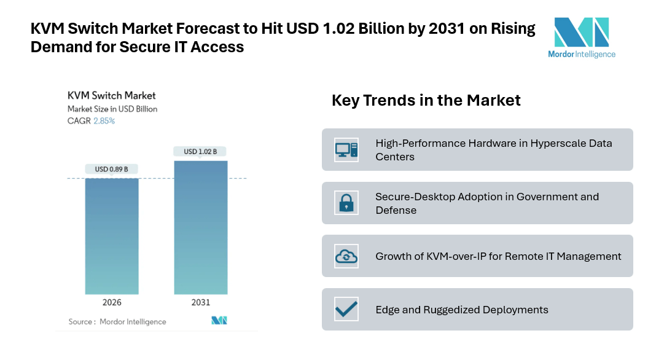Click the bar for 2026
(x=112, y=236)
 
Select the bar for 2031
(x=201, y=227)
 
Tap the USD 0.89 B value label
(x=112, y=169)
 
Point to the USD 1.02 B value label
(x=201, y=151)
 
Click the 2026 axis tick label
(x=112, y=302)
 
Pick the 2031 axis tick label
(x=201, y=302)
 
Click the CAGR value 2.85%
(x=104, y=121)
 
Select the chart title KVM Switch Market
(x=111, y=95)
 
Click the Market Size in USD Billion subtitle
(x=112, y=109)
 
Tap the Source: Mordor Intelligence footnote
(x=117, y=321)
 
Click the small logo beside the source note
(x=219, y=321)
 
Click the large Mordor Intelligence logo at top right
(x=581, y=37)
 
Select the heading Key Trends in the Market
(x=426, y=100)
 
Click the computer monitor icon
(x=346, y=149)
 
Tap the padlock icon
(x=346, y=203)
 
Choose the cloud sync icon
(x=346, y=256)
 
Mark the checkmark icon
(x=346, y=309)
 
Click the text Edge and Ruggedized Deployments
(x=462, y=310)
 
